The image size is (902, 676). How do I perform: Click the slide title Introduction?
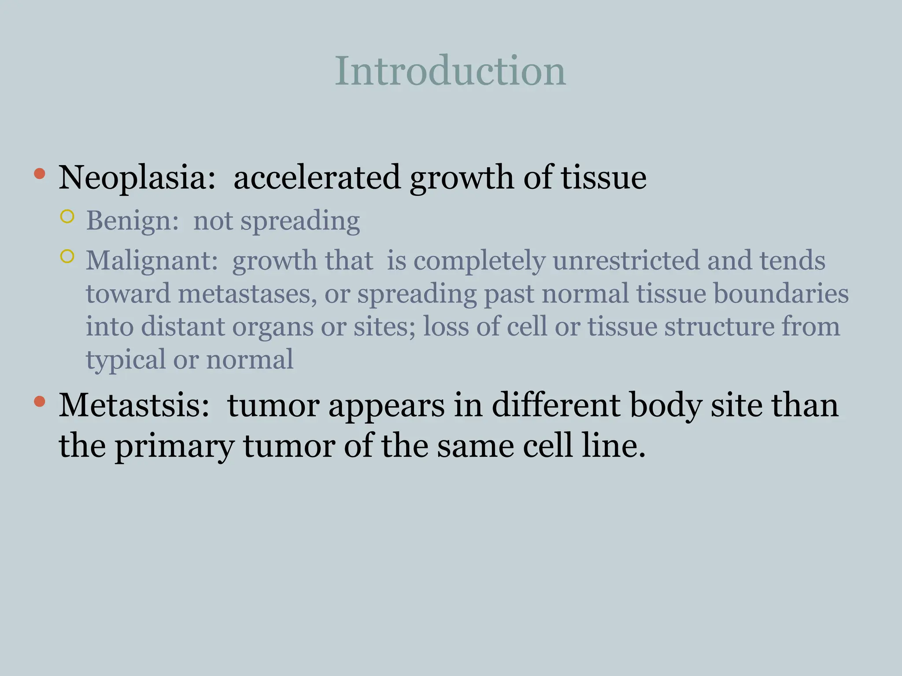[450, 71]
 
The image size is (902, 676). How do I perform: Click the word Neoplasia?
[137, 178]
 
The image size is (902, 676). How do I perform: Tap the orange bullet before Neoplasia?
[40, 173]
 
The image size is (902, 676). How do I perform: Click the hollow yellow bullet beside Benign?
[67, 217]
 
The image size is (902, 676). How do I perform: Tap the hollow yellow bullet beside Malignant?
[67, 256]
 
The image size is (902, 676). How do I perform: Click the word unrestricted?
[625, 260]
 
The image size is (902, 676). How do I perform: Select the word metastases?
[247, 294]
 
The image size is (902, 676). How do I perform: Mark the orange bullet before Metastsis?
[40, 401]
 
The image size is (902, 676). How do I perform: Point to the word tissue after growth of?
[603, 178]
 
